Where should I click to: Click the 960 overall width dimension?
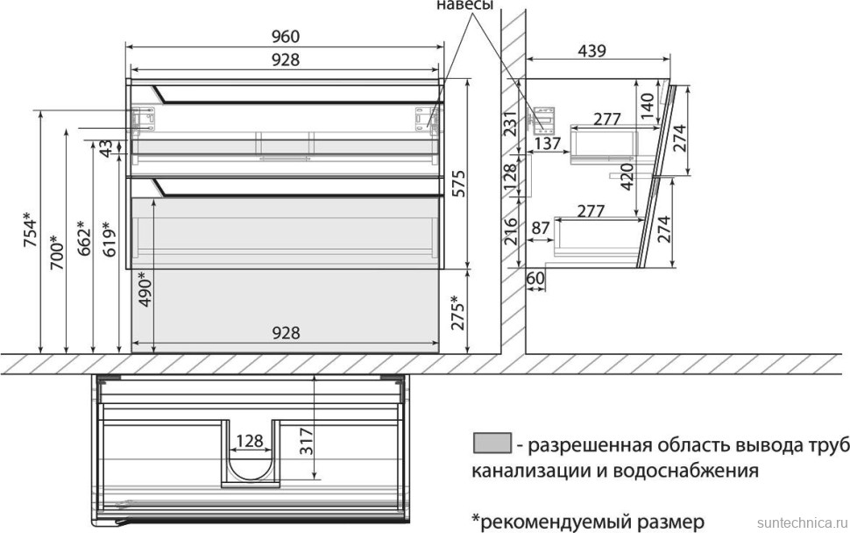point(286,36)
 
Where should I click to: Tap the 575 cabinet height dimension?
point(457,182)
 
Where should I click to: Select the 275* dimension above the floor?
point(457,313)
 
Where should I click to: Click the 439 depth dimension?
point(592,51)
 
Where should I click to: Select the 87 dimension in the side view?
point(542,227)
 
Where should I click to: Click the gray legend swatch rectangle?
point(491,444)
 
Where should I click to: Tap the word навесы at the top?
point(464,5)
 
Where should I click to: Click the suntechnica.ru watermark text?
point(801,521)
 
